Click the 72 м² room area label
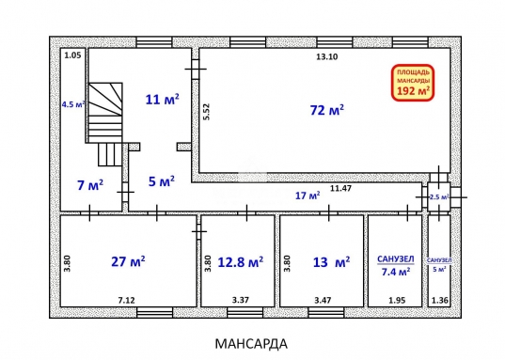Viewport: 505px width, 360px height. coord(327,110)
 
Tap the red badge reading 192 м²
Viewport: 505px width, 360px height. coord(413,83)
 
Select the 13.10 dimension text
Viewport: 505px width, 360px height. coord(327,57)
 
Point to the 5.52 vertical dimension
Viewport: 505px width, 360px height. coord(207,112)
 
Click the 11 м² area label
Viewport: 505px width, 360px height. coord(163,100)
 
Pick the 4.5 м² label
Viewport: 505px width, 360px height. coord(73,104)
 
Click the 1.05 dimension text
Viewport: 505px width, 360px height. coord(72,55)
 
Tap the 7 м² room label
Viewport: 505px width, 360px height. coord(90,185)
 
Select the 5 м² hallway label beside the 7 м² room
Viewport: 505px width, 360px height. coord(162,181)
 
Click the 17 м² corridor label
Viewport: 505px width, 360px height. coord(308,196)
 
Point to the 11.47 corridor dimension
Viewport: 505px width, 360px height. coord(340,188)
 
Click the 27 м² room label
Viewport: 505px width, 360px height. coord(128,261)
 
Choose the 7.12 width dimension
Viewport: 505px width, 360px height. coord(127,301)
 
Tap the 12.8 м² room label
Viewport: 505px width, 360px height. coord(240,262)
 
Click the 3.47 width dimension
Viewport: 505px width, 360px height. coord(323,301)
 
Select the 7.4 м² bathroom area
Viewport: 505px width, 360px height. coord(396,272)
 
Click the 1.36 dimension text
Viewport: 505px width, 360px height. coord(439,301)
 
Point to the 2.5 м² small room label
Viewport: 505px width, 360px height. coord(439,197)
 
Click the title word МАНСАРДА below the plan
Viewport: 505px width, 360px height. coord(251,344)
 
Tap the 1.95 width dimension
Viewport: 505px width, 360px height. coord(397,301)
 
